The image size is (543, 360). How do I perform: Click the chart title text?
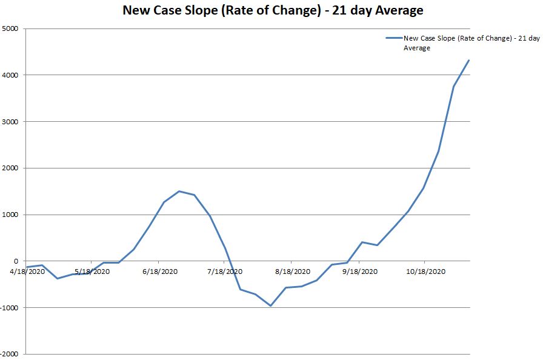tap(273, 10)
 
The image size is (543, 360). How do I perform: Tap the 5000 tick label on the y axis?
tap(11, 28)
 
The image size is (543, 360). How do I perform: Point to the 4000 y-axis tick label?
tap(11, 75)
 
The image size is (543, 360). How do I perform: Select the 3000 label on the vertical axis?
tap(11, 122)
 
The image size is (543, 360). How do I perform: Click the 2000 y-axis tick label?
tap(11, 168)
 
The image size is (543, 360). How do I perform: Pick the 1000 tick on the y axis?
tap(11, 215)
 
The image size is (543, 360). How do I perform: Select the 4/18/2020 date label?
tap(27, 272)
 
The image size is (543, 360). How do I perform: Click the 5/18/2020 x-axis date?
tap(92, 272)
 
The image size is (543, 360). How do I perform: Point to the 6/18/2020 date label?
tap(159, 272)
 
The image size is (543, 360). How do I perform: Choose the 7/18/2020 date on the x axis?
tap(225, 272)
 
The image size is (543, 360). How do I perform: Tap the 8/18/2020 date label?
tap(293, 272)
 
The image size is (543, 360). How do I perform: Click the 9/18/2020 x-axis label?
tap(360, 272)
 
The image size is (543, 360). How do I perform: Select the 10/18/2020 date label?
tap(426, 272)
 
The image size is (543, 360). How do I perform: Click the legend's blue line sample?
tap(393, 38)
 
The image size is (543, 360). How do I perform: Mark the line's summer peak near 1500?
tap(179, 191)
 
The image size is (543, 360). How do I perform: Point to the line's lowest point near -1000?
tap(270, 305)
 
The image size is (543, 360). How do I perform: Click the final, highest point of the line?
tap(469, 60)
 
